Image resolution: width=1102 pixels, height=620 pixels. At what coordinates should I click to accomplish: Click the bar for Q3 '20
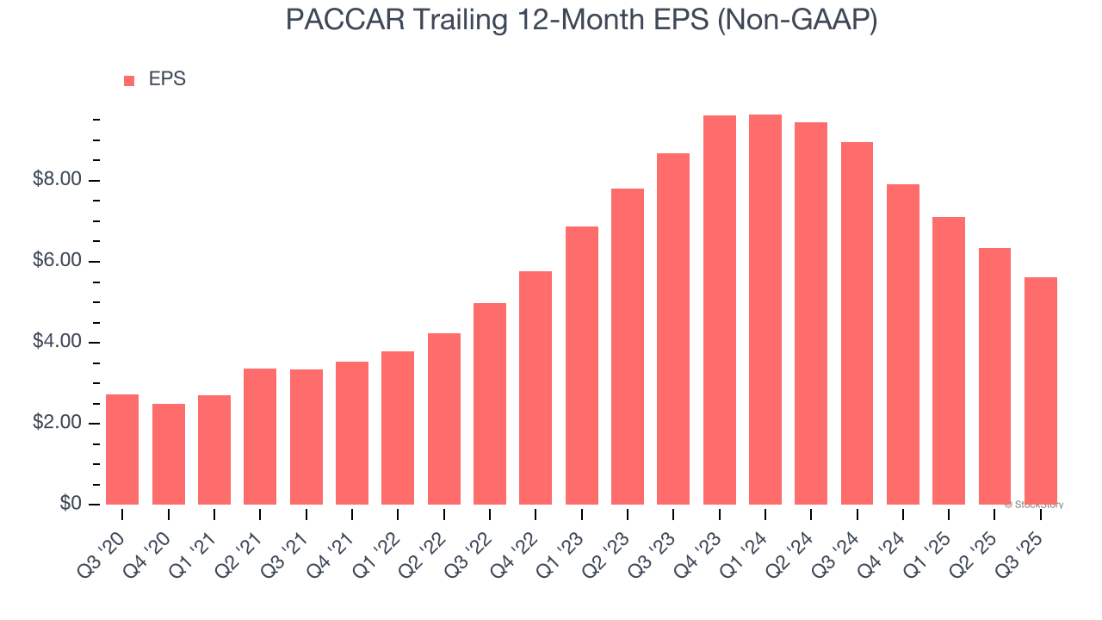pos(122,449)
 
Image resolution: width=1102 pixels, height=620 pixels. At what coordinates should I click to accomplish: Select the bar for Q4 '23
pos(719,310)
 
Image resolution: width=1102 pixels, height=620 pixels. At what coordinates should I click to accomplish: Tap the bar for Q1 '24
pos(765,309)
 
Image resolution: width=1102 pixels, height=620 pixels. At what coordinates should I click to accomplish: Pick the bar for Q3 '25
pos(1040,391)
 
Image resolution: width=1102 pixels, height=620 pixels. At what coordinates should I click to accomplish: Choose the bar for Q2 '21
pos(260,437)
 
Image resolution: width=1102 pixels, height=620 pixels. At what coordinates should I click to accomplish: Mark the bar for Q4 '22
pos(536,387)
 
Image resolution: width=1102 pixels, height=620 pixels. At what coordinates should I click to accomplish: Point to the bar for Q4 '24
pos(902,344)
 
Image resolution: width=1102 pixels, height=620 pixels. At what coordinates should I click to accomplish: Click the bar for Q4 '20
pos(168,454)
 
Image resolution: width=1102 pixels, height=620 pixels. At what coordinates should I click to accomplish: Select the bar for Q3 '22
pos(490,404)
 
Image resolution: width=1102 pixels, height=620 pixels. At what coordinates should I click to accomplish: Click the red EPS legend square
pos(129,81)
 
